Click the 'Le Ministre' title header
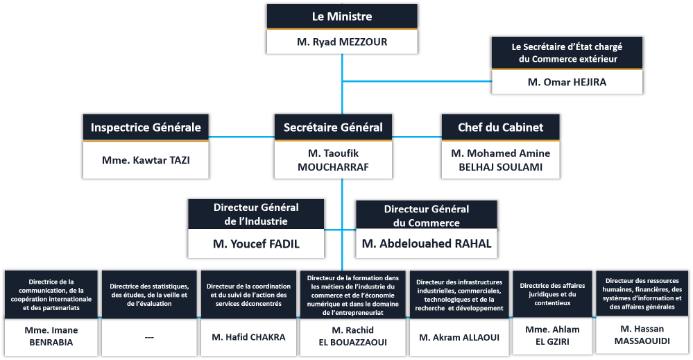tap(342, 17)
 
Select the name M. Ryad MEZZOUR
tap(342, 42)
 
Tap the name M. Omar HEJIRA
tap(567, 82)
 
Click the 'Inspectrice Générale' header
tap(146, 127)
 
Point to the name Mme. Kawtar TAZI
tap(146, 160)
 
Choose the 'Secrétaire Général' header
tap(333, 127)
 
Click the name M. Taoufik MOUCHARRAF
tap(333, 160)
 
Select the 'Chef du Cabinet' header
tap(500, 127)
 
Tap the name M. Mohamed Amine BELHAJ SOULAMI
tap(500, 160)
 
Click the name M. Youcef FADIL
tap(256, 244)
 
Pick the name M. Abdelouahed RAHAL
tap(426, 243)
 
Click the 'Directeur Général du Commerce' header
tap(426, 216)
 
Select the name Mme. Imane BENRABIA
tap(52, 336)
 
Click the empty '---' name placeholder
tap(149, 337)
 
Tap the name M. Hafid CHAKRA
tap(246, 337)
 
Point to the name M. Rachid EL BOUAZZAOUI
tap(354, 336)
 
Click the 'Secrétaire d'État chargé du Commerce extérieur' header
tap(567, 53)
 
